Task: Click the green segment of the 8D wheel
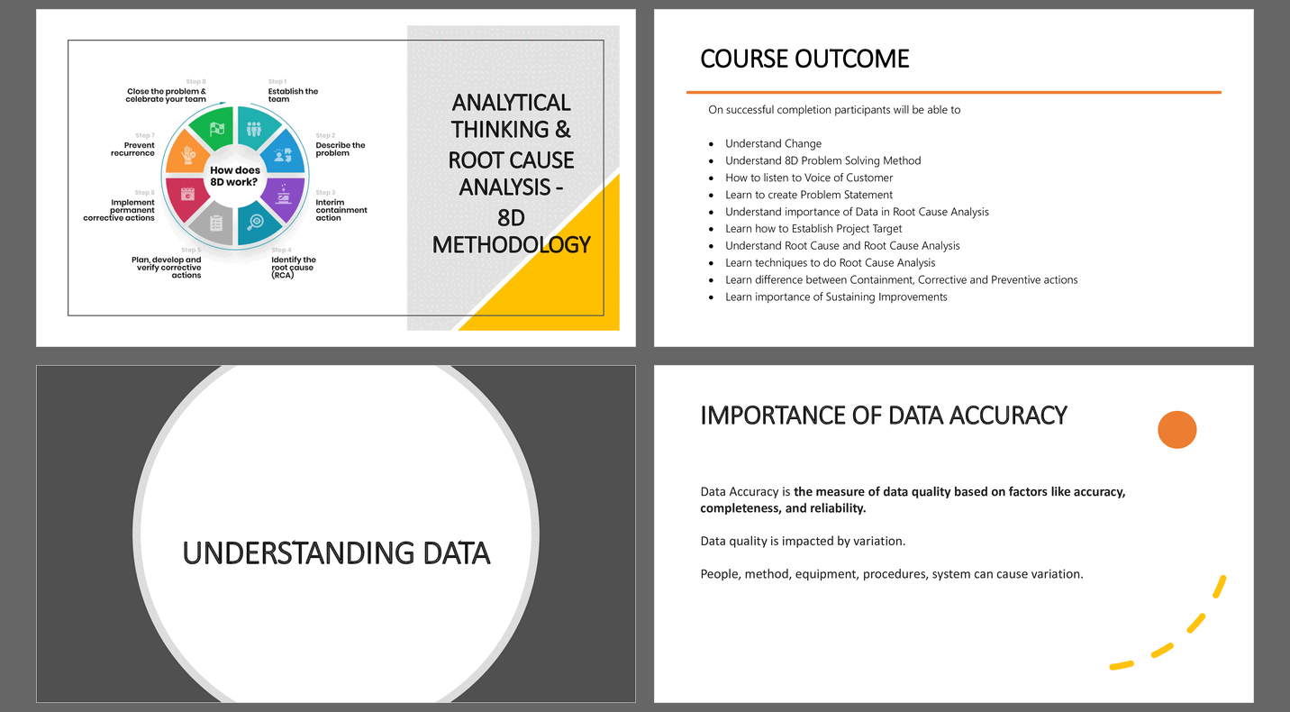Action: pos(213,128)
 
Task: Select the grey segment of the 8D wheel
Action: pos(213,224)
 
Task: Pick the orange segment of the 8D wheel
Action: pos(186,152)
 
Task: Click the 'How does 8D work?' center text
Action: pos(235,177)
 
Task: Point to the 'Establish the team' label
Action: pos(293,95)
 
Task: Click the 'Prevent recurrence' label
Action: pos(133,150)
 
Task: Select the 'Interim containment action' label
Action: pos(341,210)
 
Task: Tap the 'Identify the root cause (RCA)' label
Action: pos(294,268)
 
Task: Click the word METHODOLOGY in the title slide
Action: pos(512,245)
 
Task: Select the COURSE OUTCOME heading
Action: pos(804,59)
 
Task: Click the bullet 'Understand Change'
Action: pos(773,143)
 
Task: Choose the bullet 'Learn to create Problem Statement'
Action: pos(809,195)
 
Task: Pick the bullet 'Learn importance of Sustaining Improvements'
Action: pos(836,297)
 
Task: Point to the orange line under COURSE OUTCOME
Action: pos(954,92)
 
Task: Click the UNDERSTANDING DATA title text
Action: pos(336,553)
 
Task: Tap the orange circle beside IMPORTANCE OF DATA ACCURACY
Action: pos(1177,430)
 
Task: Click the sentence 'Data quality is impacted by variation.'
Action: pos(803,541)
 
